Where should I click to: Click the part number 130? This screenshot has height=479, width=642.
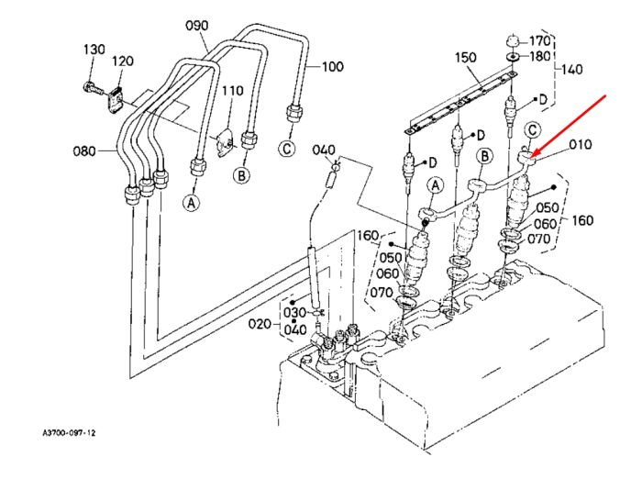[94, 50]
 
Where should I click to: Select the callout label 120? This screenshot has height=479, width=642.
[123, 61]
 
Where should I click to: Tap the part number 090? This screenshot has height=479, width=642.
[197, 26]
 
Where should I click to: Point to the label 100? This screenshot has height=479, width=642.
[332, 66]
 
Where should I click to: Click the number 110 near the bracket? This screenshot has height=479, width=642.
[233, 91]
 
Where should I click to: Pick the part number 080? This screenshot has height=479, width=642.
[84, 151]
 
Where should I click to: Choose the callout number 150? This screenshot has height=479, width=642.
[466, 57]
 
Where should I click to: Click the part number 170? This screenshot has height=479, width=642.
[539, 41]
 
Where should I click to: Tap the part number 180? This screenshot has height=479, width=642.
[539, 56]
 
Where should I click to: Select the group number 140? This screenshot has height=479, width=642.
[571, 69]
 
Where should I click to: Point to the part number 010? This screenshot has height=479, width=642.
[581, 144]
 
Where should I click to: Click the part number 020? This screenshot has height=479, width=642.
[260, 324]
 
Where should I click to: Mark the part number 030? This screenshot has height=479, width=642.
[294, 313]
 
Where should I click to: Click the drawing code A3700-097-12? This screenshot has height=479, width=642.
[69, 433]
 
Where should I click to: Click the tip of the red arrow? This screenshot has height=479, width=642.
[531, 158]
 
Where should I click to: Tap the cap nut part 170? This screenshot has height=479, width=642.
[512, 41]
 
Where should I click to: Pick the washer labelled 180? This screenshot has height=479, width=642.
[512, 56]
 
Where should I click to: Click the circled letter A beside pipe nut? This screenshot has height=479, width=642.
[192, 203]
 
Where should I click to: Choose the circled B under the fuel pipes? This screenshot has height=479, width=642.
[241, 175]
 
